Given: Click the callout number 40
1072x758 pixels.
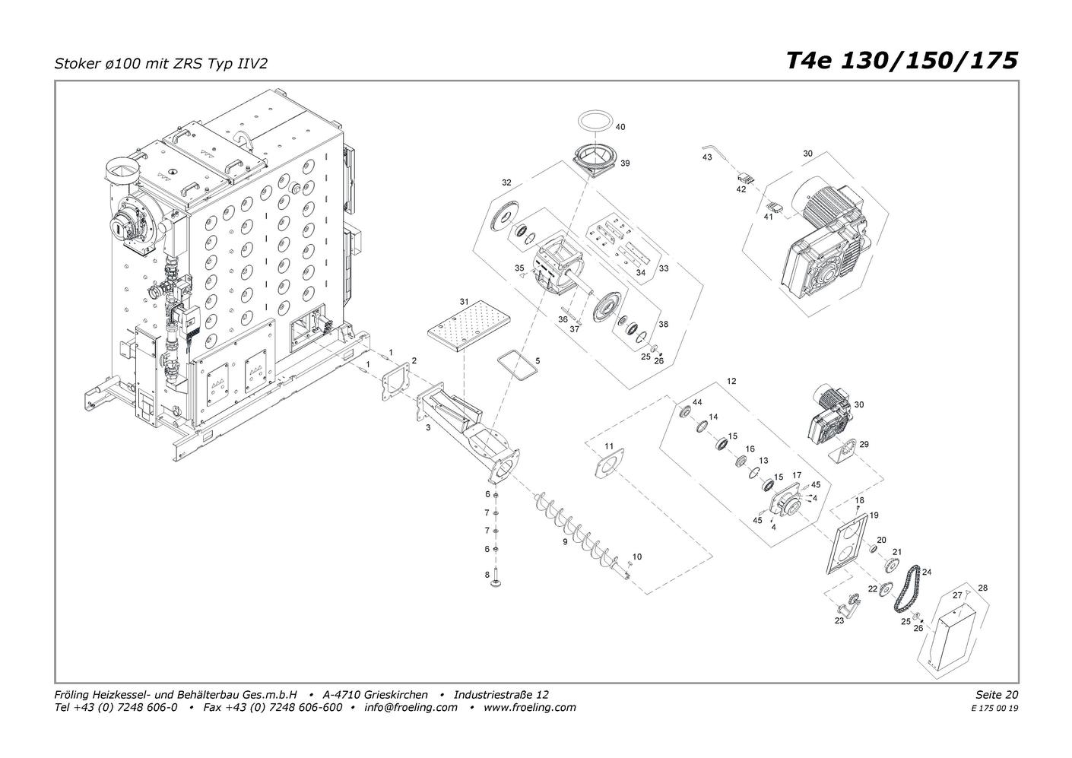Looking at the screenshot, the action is [620, 127].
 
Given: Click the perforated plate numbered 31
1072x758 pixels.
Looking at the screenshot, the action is [468, 325].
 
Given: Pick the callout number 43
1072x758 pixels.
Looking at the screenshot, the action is [707, 157].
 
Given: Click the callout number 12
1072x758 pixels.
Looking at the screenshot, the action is [731, 381].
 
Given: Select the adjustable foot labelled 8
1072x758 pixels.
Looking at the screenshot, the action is [496, 585].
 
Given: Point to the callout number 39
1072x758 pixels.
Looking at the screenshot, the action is [625, 163].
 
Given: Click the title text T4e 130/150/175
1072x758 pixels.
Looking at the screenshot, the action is [902, 62].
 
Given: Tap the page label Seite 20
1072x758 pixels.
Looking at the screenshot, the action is [997, 694].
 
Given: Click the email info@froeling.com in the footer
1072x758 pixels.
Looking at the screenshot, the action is [411, 707].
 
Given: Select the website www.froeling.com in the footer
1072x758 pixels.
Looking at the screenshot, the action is [530, 707].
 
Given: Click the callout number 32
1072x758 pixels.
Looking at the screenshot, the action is [506, 182].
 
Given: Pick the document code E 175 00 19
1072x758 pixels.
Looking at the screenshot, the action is [994, 709].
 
